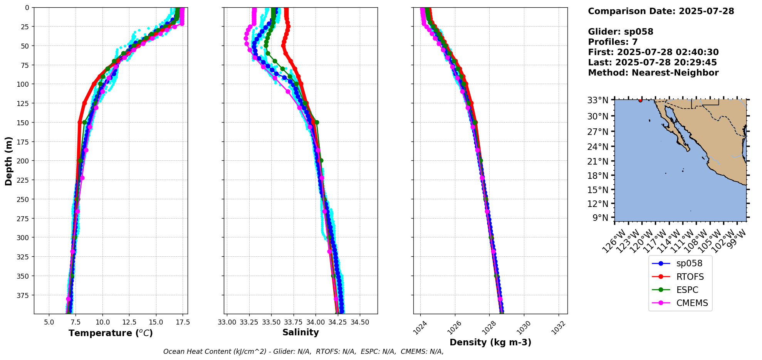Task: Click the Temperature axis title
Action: (x=111, y=333)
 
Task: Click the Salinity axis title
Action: (x=300, y=332)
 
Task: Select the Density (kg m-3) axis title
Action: (x=490, y=342)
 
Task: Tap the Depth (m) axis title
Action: (x=8, y=161)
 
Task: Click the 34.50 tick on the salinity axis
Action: (x=360, y=322)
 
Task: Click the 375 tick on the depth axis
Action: (x=24, y=295)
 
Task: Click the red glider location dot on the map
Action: (x=640, y=100)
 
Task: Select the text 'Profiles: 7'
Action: (x=613, y=42)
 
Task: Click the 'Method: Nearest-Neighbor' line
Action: (x=653, y=73)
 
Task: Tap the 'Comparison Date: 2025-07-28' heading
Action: (x=661, y=11)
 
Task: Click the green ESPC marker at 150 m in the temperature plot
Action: (x=84, y=122)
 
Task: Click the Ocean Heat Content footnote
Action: (x=303, y=352)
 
